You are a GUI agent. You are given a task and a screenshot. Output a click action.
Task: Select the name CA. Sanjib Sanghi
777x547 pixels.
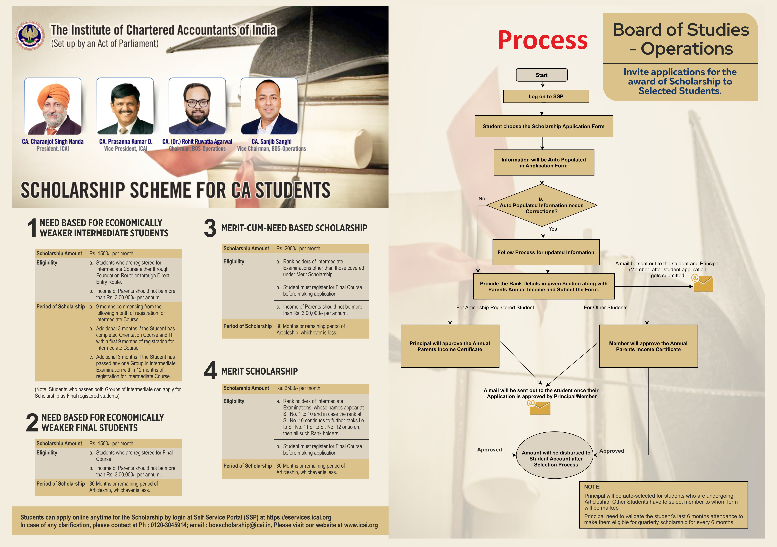coord(271,141)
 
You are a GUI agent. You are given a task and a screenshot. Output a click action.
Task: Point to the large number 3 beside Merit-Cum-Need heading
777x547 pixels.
coord(210,228)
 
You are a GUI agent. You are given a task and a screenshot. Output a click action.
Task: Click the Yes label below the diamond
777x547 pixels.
coord(553,229)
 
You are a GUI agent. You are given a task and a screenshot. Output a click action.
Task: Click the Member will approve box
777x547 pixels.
coord(648,346)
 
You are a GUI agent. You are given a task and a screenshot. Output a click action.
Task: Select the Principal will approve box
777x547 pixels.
coord(450,346)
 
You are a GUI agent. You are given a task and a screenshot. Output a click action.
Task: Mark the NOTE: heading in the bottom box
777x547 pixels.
coord(592,487)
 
